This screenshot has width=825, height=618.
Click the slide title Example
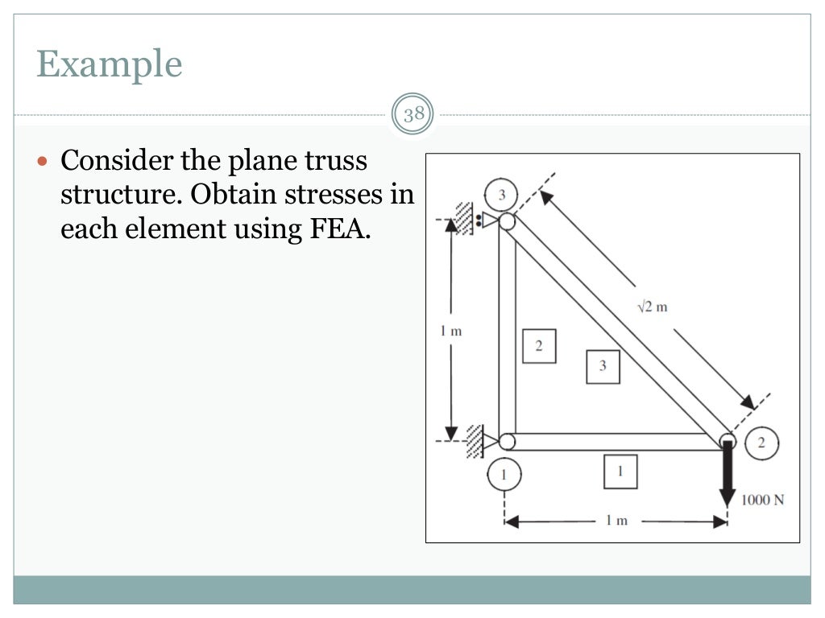[109, 64]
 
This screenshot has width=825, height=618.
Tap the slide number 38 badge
[413, 114]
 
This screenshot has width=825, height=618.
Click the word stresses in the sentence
[343, 195]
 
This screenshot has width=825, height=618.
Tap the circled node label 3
[500, 195]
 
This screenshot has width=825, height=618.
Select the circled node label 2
[761, 443]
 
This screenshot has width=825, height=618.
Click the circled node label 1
[504, 475]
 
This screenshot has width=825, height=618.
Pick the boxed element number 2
[538, 346]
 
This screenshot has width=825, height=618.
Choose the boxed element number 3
[603, 366]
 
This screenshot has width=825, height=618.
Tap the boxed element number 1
[620, 472]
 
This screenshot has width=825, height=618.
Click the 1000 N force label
[763, 500]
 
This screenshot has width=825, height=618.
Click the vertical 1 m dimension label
[450, 331]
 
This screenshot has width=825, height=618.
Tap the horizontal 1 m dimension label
[616, 521]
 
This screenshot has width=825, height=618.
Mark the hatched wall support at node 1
[475, 442]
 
